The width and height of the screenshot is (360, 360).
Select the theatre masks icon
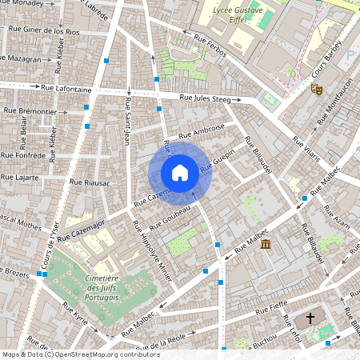point(317,90)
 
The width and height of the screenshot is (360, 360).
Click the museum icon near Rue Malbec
point(266,243)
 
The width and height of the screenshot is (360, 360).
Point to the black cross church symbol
point(310,318)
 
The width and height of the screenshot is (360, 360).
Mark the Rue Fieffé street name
point(271,307)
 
